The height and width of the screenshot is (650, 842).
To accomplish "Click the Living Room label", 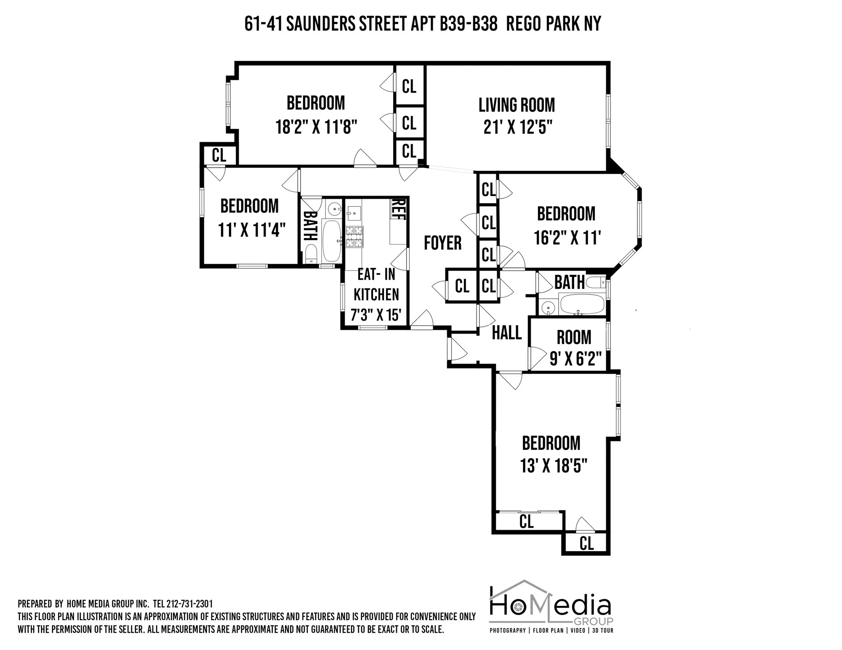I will tap(517, 105).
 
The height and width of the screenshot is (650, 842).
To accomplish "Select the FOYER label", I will tap(442, 243).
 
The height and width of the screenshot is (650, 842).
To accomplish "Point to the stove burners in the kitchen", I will tap(354, 236).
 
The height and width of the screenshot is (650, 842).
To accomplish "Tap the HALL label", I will tap(506, 333).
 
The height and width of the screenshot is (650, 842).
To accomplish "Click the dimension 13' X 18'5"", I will tap(554, 466).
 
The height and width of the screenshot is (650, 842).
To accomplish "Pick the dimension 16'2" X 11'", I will tap(566, 238).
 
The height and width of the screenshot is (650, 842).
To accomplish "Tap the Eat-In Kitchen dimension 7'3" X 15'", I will tap(376, 315).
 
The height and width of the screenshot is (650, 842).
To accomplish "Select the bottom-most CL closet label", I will tap(586, 544).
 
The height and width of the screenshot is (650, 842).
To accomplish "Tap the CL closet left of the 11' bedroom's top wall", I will tap(219, 155).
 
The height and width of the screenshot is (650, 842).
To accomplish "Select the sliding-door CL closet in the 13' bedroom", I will tap(526, 522).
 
